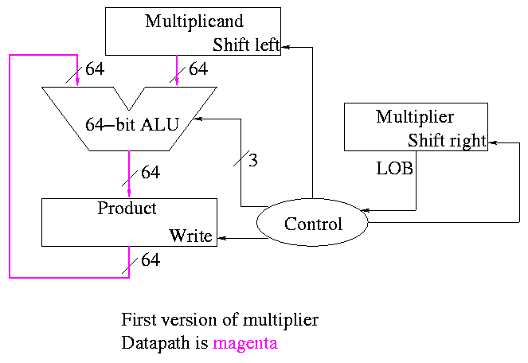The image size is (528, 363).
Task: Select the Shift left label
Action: pos(246,45)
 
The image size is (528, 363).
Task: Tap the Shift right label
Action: pos(446,141)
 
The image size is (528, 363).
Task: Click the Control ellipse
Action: pos(313,224)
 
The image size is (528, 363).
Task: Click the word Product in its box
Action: pos(127,209)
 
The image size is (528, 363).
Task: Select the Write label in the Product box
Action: pos(191,236)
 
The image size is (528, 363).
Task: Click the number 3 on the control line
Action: pos(253,160)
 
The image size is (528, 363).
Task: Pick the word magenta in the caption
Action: pos(246,344)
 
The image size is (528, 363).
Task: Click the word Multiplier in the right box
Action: pos(415,117)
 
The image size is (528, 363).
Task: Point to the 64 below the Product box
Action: pos(151,260)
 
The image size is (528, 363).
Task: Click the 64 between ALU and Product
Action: pos(151,172)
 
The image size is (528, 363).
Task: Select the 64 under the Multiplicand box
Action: pos(198,69)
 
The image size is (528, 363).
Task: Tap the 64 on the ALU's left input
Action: pos(95,69)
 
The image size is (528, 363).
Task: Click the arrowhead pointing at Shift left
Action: pos(285,47)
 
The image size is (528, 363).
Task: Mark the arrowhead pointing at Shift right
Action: pos(491,142)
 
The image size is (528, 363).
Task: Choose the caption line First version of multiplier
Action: pos(220,320)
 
